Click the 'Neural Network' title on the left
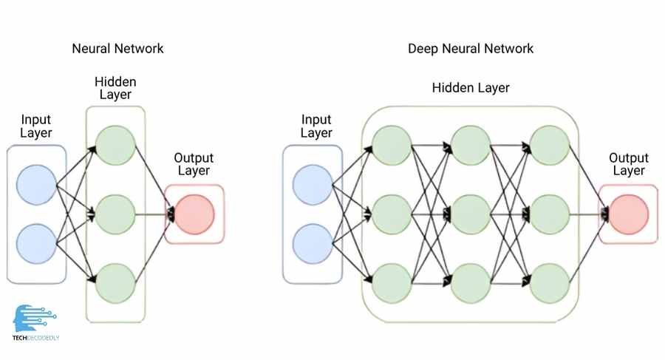117,49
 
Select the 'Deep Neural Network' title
470,49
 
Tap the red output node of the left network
194,214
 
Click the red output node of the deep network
628,214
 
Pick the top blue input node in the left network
36,184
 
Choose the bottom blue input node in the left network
36,244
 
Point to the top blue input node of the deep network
313,184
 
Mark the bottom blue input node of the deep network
313,244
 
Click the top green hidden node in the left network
116,146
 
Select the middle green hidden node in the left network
116,214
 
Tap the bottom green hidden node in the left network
116,282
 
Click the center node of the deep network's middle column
471,214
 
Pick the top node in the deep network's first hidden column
392,146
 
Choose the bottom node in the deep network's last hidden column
550,282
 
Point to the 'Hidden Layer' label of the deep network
470,88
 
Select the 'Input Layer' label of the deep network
316,126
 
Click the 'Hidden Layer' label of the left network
116,86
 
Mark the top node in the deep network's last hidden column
550,146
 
